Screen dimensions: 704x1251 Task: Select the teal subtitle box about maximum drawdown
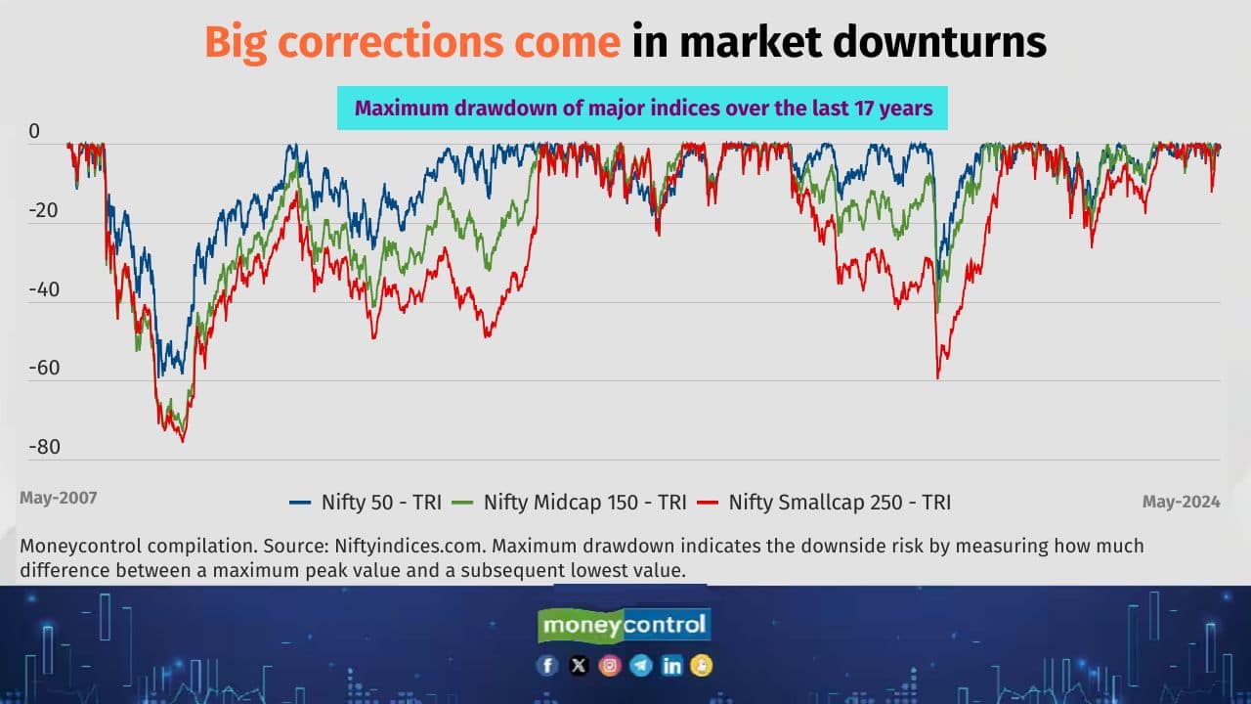642,108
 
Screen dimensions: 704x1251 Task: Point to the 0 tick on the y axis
34,132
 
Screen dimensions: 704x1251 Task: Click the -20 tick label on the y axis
43,211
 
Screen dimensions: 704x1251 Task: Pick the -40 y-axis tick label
43,290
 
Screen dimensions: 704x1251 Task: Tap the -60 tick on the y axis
43,369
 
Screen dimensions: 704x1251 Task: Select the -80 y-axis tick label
43,448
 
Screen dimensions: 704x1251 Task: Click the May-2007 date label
58,498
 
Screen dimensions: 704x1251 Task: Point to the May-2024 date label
1181,502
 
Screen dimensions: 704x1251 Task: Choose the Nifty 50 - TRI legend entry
366,503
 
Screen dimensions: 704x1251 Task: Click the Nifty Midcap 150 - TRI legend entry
571,503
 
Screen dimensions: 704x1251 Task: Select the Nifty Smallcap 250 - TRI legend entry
825,503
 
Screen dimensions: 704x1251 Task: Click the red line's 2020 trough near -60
937,377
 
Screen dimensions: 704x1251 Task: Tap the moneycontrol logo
625,625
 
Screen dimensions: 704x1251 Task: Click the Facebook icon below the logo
547,666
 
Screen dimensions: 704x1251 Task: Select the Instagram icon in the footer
610,666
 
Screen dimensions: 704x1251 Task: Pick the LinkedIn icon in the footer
671,666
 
